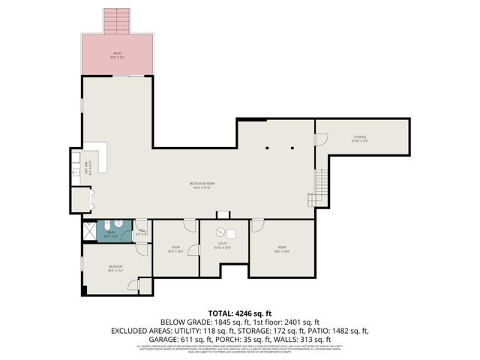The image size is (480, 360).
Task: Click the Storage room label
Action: tap(361, 137)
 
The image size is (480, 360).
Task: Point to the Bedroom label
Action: tap(115, 267)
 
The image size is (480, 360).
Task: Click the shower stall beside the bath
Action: tap(90, 231)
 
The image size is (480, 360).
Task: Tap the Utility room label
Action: tap(223, 244)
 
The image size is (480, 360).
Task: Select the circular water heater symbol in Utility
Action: tap(221, 232)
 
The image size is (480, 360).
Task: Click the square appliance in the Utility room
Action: tap(231, 232)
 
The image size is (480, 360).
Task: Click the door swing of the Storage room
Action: tap(321, 139)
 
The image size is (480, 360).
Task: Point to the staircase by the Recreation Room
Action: tap(319, 180)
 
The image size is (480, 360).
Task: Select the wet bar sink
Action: tap(76, 169)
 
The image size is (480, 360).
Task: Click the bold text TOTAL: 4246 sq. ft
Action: tap(239, 313)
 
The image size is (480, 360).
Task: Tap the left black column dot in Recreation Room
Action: tap(267, 148)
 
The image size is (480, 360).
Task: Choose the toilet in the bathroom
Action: tap(109, 226)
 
